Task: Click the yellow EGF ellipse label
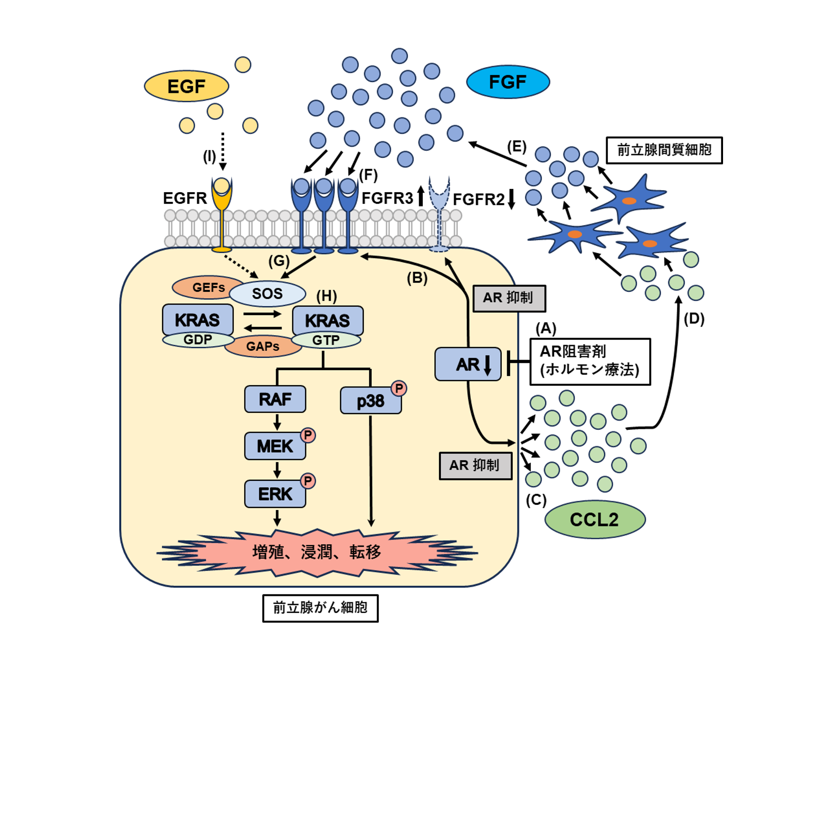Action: (187, 86)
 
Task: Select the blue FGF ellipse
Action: (508, 82)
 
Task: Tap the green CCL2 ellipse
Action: (595, 519)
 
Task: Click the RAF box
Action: (275, 399)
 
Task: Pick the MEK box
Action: (275, 446)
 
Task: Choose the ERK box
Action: (275, 494)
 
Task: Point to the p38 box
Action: (371, 401)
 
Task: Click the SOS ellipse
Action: (267, 293)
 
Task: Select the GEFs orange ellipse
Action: (208, 287)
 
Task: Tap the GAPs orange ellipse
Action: (263, 346)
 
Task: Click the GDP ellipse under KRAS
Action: (198, 340)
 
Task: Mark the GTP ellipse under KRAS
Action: (326, 340)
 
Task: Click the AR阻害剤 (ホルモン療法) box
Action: (590, 362)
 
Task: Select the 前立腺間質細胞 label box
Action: (665, 150)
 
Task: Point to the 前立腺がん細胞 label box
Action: (320, 608)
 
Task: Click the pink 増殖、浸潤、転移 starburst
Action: (317, 553)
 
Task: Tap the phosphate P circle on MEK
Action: (308, 435)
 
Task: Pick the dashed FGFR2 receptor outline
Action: (439, 214)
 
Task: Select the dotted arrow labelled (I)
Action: (223, 151)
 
